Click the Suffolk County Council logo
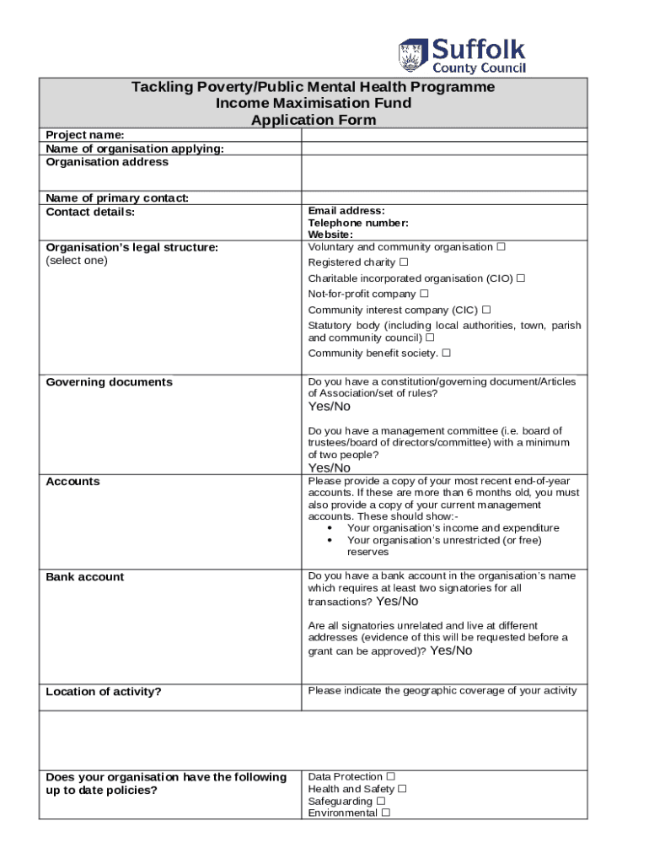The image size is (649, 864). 462,56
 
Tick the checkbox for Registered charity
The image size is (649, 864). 404,262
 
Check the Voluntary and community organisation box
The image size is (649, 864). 501,247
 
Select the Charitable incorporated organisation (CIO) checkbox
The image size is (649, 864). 521,278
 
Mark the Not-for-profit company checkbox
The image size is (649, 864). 424,294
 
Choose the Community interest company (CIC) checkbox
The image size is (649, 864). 487,310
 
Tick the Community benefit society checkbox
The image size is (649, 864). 446,353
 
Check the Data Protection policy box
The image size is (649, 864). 390,776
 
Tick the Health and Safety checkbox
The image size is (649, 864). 402,789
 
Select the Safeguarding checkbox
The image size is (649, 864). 381,801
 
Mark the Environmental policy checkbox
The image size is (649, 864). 385,813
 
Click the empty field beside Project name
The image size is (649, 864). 443,135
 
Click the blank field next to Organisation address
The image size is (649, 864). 443,173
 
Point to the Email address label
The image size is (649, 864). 346,211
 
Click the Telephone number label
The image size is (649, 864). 358,223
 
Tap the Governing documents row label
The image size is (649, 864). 109,382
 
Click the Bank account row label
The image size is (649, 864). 84,577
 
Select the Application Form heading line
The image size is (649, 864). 314,120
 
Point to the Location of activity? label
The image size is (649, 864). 103,692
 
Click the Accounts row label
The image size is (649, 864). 72,482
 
